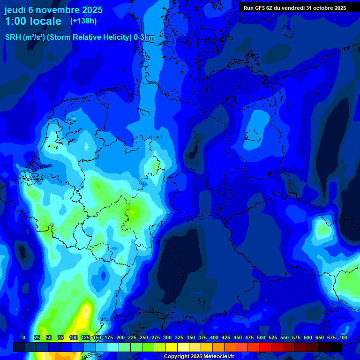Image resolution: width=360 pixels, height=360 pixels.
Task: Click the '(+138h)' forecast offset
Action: (x=83, y=21)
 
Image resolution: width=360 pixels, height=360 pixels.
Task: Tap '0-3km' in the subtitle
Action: (x=144, y=37)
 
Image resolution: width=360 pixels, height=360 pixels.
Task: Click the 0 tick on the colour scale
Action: (x=23, y=337)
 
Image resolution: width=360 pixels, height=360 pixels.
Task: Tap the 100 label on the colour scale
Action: (x=74, y=337)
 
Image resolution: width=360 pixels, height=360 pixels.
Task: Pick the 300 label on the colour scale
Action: (x=167, y=337)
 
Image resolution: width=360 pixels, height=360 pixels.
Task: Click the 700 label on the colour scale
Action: (x=343, y=337)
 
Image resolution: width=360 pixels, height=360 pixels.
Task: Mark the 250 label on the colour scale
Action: (x=144, y=337)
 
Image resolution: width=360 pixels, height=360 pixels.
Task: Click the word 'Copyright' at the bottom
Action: (x=177, y=357)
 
